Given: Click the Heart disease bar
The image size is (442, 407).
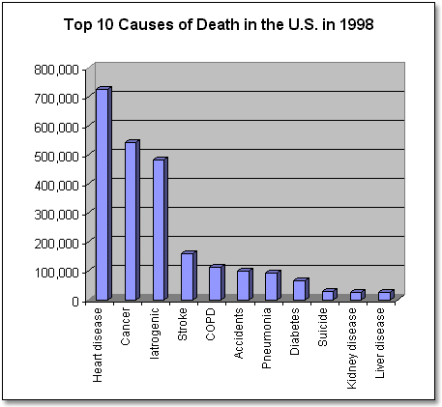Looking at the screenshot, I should (x=103, y=194).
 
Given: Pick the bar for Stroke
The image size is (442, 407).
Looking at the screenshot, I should (x=187, y=276).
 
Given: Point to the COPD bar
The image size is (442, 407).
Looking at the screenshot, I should (x=215, y=283).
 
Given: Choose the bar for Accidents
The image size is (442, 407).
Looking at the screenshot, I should (x=243, y=285).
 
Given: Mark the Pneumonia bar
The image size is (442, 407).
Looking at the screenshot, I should (x=271, y=286).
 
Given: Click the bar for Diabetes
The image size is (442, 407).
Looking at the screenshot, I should (x=299, y=290).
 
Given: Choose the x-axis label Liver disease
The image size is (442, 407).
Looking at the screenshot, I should (x=385, y=344).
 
